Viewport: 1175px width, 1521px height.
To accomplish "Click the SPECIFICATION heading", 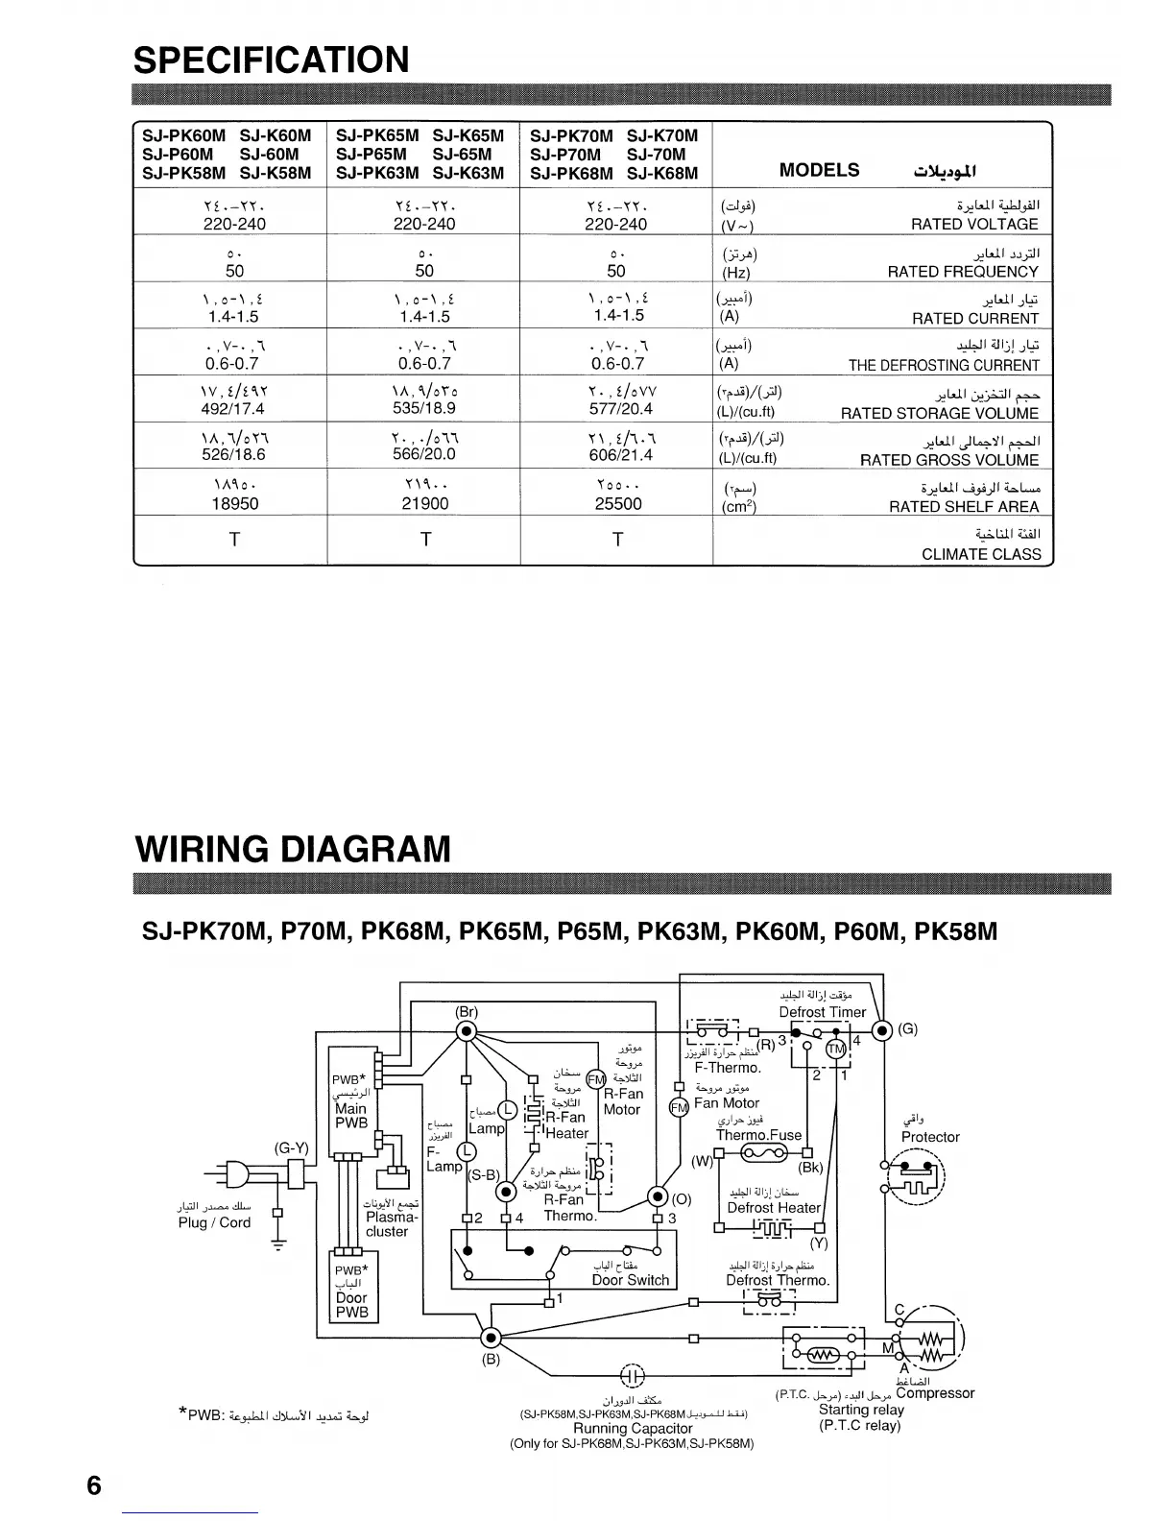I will tap(272, 60).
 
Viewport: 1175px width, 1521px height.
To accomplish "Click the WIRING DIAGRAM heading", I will tap(293, 849).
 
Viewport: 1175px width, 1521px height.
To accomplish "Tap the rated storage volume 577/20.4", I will tap(618, 410).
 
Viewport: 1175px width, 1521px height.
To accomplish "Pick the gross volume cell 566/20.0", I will tap(424, 456).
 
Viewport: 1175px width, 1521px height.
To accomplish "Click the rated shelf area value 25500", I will tap(618, 503).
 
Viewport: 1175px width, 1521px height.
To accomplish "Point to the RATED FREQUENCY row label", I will tap(963, 272).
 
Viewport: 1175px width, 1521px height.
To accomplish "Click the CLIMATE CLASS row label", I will tap(981, 554).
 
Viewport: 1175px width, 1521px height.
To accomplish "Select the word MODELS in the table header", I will tap(819, 170).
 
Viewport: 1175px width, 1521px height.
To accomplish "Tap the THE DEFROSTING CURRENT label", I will tap(944, 365).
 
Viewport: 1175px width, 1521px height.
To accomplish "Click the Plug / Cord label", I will tap(214, 1222).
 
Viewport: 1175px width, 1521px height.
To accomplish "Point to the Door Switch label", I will tap(630, 1280).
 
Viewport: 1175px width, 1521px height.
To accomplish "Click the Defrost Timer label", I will tap(822, 1012).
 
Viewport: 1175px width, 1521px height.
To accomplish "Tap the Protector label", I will tap(930, 1137).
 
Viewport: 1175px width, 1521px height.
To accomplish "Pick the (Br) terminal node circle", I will tap(467, 1031).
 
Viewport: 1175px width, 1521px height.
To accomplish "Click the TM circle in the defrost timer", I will tap(836, 1048).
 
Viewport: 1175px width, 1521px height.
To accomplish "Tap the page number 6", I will tap(93, 1485).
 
